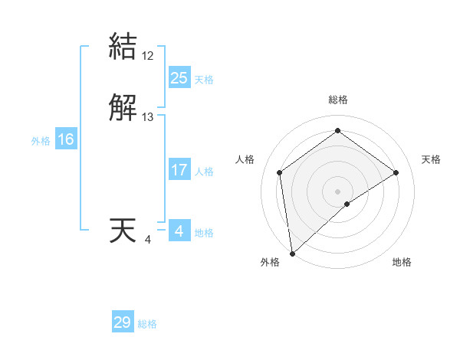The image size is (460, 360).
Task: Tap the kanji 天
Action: [x=123, y=231]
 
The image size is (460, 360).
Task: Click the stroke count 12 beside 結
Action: [x=148, y=55]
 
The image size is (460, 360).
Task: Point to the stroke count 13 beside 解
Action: [x=148, y=117]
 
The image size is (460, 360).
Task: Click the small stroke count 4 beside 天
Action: [x=148, y=240]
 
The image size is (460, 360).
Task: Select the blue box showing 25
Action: [x=179, y=78]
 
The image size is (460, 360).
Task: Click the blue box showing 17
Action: [x=179, y=170]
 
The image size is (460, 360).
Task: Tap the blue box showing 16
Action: [x=65, y=139]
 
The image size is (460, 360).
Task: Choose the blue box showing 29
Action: [x=123, y=322]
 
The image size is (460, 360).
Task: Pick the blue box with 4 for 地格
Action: [x=179, y=231]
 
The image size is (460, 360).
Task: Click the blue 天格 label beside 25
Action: [x=204, y=79]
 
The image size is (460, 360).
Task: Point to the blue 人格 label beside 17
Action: [x=204, y=171]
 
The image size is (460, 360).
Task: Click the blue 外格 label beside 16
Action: [x=41, y=140]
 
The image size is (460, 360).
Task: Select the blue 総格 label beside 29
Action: [x=147, y=323]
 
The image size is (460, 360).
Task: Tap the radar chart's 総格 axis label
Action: [x=338, y=100]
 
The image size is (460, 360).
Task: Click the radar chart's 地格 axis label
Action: [x=402, y=262]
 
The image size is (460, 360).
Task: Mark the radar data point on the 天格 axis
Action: [x=396, y=172]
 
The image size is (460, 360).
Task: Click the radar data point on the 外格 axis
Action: [x=291, y=254]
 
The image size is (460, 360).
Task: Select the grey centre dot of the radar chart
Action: [x=338, y=191]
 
